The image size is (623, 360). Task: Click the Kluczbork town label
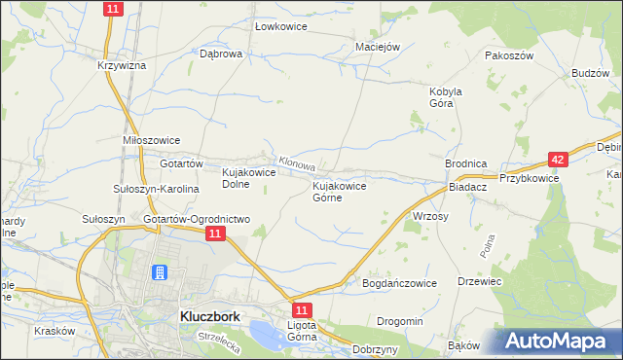[x=209, y=316]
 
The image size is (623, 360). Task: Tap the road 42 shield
[x=557, y=159]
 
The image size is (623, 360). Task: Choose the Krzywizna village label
[x=122, y=65]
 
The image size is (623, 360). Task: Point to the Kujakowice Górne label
[x=339, y=191]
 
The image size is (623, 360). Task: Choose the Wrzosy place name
[x=430, y=216]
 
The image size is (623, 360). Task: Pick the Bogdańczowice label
[x=399, y=282]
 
